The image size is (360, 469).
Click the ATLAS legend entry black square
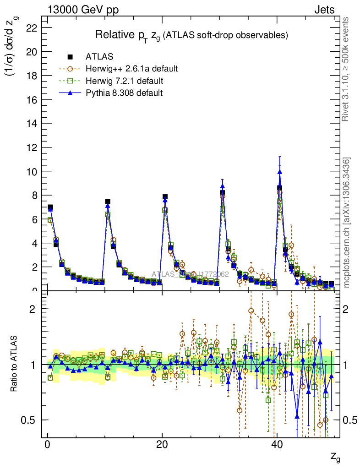point(70,57)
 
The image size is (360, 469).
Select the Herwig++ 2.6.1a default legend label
point(131,69)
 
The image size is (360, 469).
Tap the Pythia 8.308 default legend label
point(124,93)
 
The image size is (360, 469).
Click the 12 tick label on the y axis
point(32,147)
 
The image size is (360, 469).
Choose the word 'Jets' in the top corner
point(324,10)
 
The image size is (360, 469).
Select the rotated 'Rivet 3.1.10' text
point(346,69)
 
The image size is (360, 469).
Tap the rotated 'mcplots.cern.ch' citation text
point(347,223)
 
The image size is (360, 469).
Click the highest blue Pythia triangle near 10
point(279,172)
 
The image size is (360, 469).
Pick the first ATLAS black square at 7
point(50,207)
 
